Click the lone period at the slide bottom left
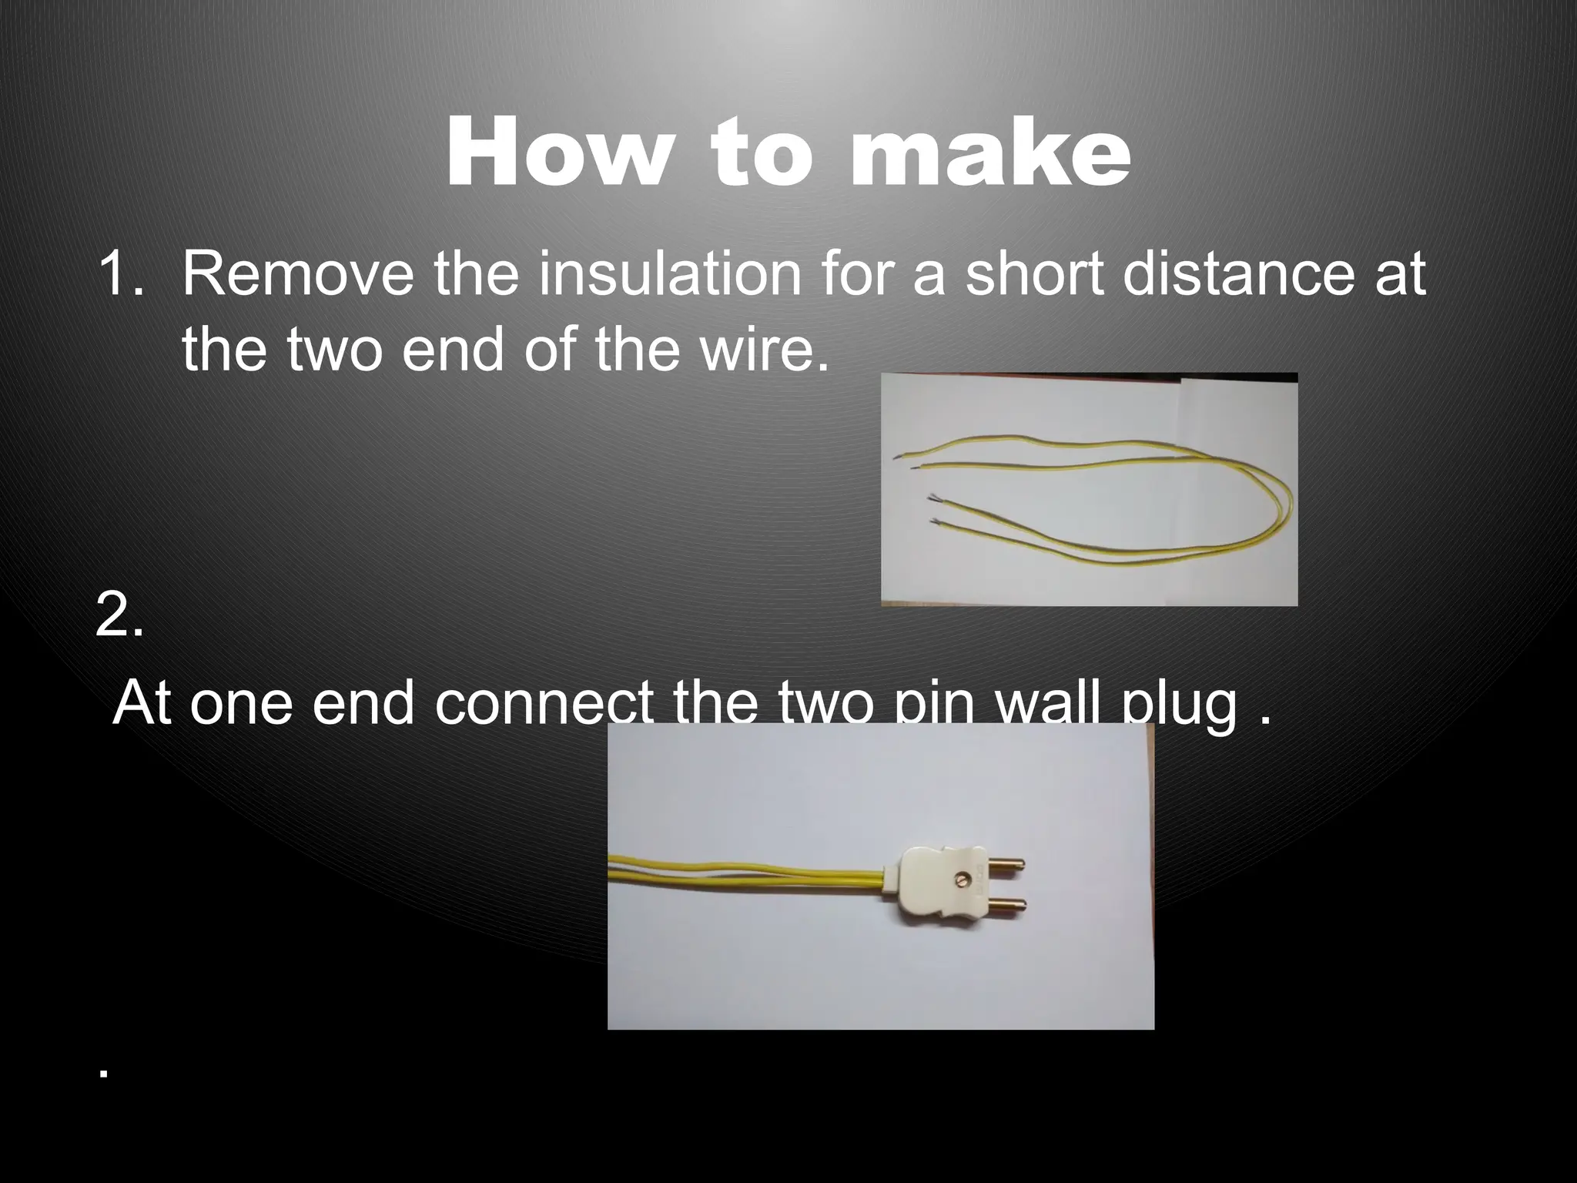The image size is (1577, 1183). pyautogui.click(x=102, y=1072)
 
